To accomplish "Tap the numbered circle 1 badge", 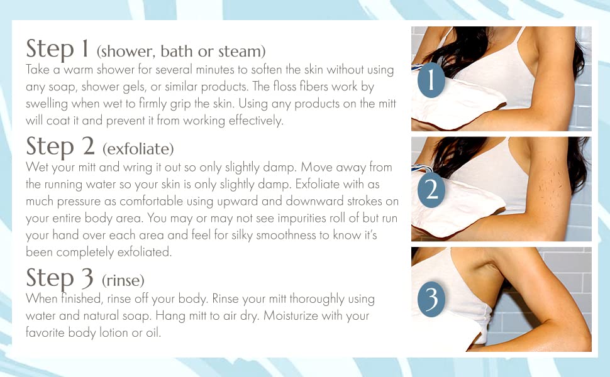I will pyautogui.click(x=431, y=81).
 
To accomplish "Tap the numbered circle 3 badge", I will pyautogui.click(x=431, y=300).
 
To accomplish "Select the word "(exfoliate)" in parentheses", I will pyautogui.click(x=137, y=150).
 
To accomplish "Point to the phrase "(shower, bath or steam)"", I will pyautogui.click(x=181, y=51).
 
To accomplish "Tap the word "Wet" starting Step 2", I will pyautogui.click(x=36, y=168).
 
